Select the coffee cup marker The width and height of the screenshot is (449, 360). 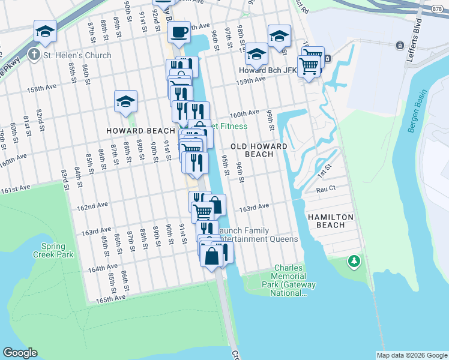(x=178, y=32)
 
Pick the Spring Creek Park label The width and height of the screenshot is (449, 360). (x=57, y=250)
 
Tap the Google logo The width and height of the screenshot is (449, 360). (x=20, y=353)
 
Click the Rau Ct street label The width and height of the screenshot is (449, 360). (x=325, y=189)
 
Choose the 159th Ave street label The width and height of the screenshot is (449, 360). (x=252, y=79)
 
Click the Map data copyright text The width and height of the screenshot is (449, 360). (x=412, y=355)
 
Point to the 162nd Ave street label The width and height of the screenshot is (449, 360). (x=92, y=205)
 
